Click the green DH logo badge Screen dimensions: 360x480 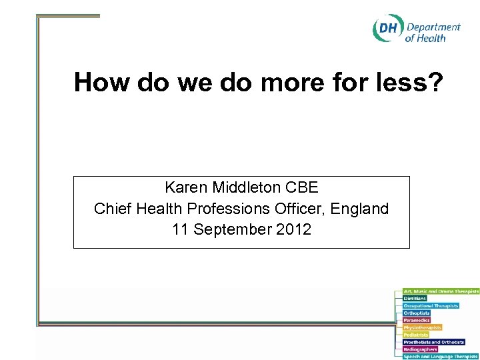point(387,29)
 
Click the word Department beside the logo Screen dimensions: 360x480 point(433,27)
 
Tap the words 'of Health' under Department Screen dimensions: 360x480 point(425,39)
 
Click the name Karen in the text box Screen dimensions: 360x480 point(188,187)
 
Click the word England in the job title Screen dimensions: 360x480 point(358,209)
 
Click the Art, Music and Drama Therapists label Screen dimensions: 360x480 point(441,291)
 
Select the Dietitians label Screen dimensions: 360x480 point(415,299)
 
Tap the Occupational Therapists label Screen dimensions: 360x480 point(431,306)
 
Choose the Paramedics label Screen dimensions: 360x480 point(417,321)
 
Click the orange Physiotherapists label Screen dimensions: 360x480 point(423,327)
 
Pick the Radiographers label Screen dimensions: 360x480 point(420,349)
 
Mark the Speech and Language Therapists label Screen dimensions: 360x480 point(441,357)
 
